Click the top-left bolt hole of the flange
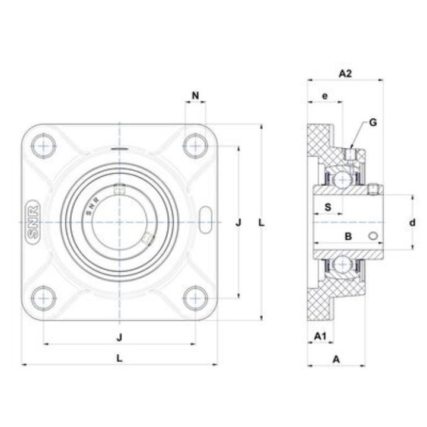(x=43, y=146)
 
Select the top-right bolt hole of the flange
(x=196, y=146)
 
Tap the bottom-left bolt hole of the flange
(x=43, y=298)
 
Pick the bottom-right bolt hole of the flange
(x=196, y=298)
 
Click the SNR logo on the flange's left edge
(x=33, y=222)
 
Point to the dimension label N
(x=196, y=95)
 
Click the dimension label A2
(x=345, y=74)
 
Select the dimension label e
(x=325, y=96)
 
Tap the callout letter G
(x=373, y=123)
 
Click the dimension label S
(x=328, y=207)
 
